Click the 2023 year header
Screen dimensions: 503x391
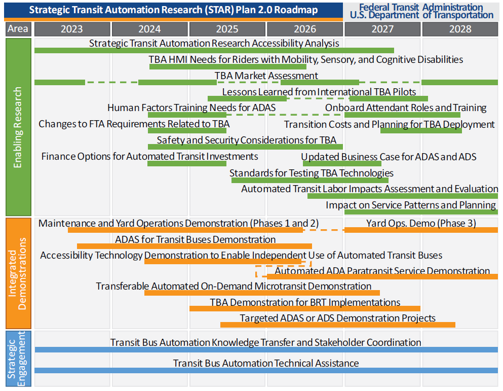pyautogui.click(x=72, y=29)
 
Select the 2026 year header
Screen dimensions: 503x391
pyautogui.click(x=305, y=29)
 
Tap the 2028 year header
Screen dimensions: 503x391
pyautogui.click(x=460, y=29)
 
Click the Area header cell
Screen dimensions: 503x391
pyautogui.click(x=18, y=29)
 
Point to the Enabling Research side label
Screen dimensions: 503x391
pyautogui.click(x=18, y=127)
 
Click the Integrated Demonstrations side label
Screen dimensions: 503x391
pyautogui.click(x=18, y=273)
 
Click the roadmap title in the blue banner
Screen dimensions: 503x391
pyautogui.click(x=173, y=10)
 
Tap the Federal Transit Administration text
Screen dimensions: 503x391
pyautogui.click(x=421, y=7)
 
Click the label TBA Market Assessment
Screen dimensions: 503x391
pyautogui.click(x=266, y=76)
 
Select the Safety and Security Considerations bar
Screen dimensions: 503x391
pyautogui.click(x=245, y=147)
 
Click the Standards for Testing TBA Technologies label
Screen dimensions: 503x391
pyautogui.click(x=312, y=173)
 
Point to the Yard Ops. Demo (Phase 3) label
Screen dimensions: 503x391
pyautogui.click(x=421, y=223)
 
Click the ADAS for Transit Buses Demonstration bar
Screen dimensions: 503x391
pyautogui.click(x=195, y=246)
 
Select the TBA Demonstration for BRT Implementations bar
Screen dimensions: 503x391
pyautogui.click(x=305, y=308)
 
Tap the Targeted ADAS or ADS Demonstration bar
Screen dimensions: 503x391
pyautogui.click(x=338, y=325)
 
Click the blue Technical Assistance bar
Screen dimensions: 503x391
pyautogui.click(x=266, y=370)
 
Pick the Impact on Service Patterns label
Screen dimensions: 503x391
pyautogui.click(x=411, y=205)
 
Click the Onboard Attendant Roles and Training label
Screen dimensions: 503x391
pyautogui.click(x=406, y=108)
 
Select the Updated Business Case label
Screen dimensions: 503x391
pyautogui.click(x=389, y=157)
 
